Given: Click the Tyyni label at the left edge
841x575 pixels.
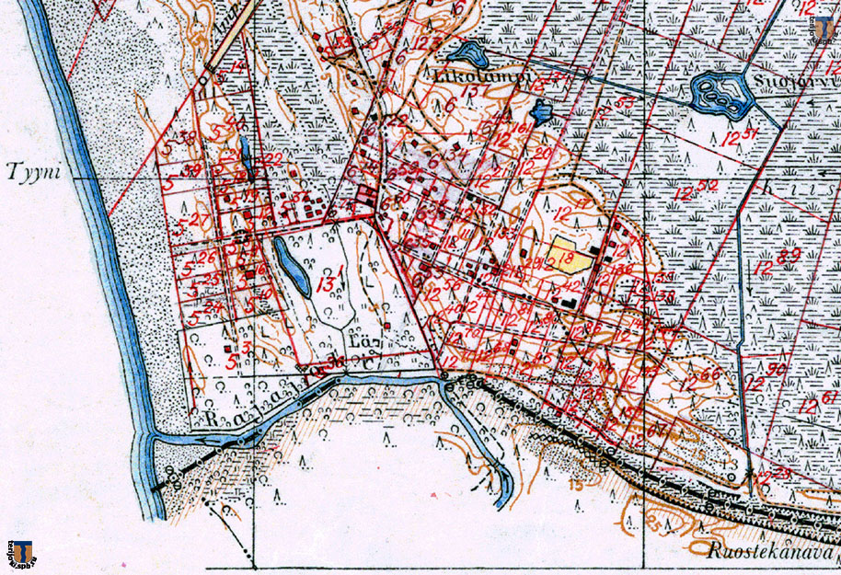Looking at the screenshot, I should tap(29, 170).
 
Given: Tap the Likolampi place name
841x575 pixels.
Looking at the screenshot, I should tap(479, 78).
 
